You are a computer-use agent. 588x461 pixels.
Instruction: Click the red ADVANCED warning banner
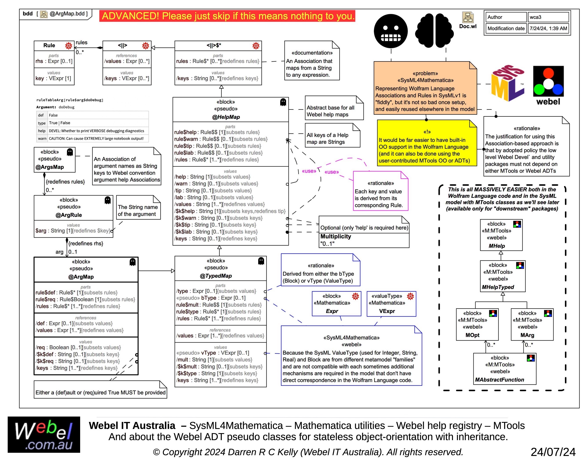tap(227, 16)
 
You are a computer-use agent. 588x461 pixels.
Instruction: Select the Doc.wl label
tap(468, 26)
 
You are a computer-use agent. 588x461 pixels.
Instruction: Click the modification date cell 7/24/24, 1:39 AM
tap(548, 28)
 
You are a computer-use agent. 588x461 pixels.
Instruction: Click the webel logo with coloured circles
tap(548, 85)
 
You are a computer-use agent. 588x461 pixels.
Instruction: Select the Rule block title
tap(49, 45)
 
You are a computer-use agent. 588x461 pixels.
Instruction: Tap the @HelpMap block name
tap(226, 117)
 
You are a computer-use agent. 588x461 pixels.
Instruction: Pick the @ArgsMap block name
tap(50, 167)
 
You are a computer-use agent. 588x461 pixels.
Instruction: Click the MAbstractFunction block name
tap(500, 380)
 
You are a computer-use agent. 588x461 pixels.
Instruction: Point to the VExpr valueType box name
tap(387, 311)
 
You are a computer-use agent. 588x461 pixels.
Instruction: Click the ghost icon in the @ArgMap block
tap(133, 262)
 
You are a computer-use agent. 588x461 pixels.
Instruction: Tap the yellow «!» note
tap(427, 143)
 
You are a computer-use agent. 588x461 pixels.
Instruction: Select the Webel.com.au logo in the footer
tap(44, 435)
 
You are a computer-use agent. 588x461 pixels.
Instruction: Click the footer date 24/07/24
tap(553, 452)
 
